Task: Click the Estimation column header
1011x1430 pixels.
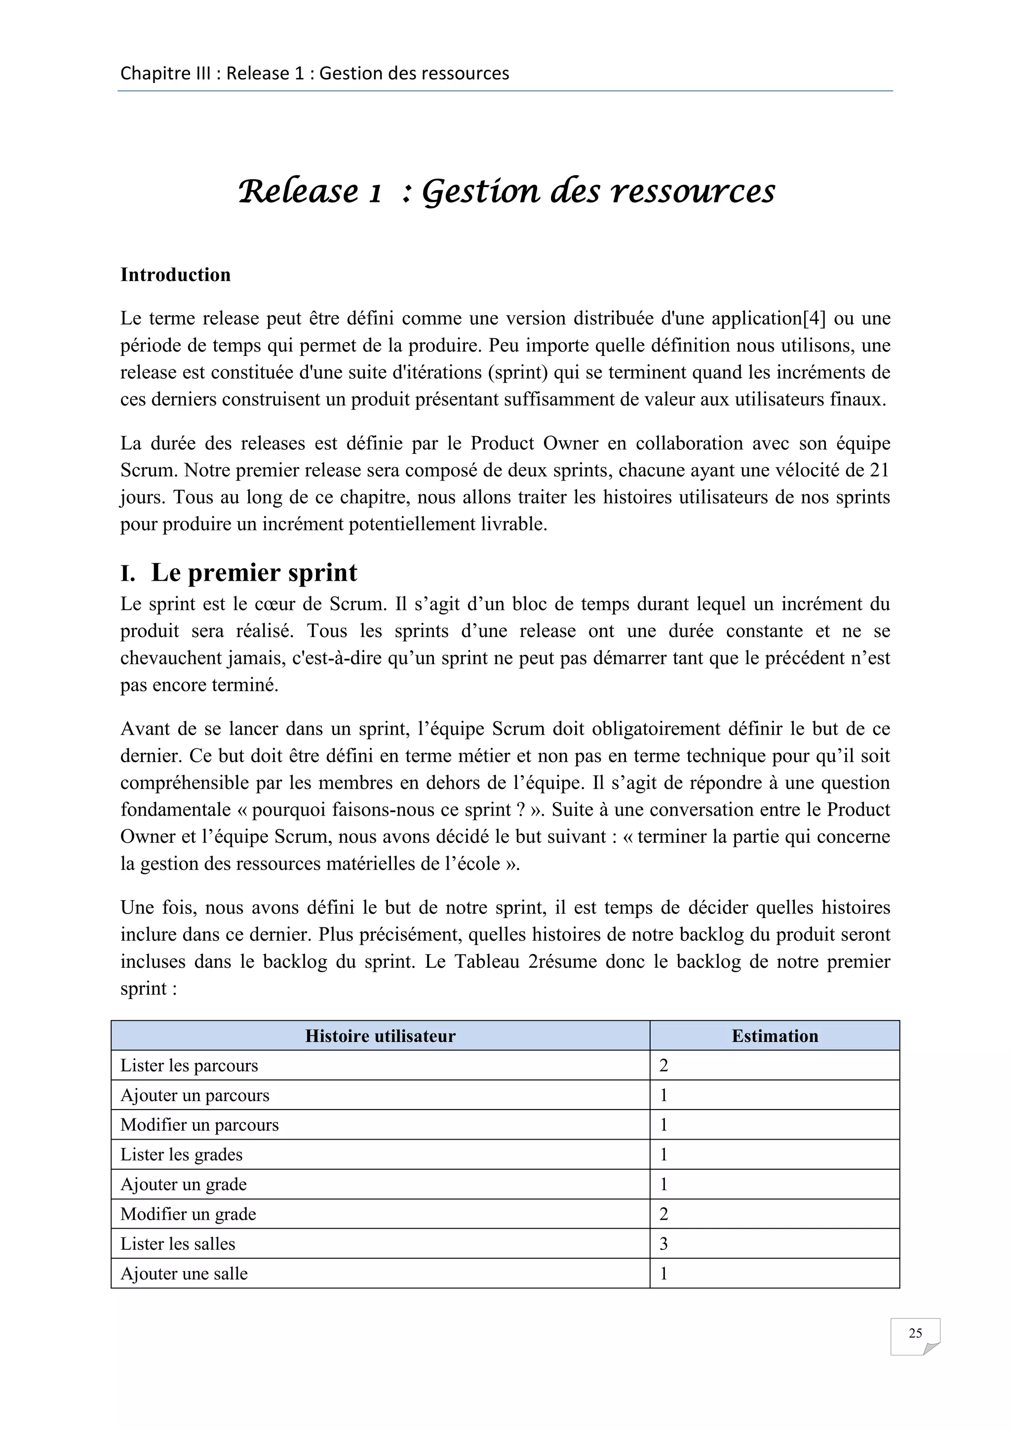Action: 775,1036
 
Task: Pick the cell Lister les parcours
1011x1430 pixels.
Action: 189,1066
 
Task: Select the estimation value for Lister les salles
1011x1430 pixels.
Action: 663,1244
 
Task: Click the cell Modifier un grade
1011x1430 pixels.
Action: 188,1214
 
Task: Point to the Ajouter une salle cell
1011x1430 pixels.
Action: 184,1273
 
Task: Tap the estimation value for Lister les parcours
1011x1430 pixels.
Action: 663,1066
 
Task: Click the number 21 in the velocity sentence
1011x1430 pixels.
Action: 879,470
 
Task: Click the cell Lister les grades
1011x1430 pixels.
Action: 181,1154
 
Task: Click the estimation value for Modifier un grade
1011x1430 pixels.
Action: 663,1214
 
